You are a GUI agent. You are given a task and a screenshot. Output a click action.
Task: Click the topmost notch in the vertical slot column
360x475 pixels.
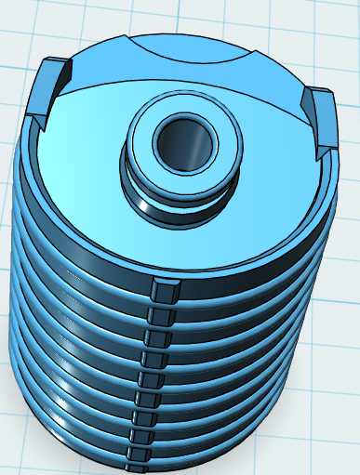coord(162,291)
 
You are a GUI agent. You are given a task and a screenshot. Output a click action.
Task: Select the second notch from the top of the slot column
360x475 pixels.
coord(157,316)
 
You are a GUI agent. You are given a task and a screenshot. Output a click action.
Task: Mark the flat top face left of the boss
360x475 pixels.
coord(84,158)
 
